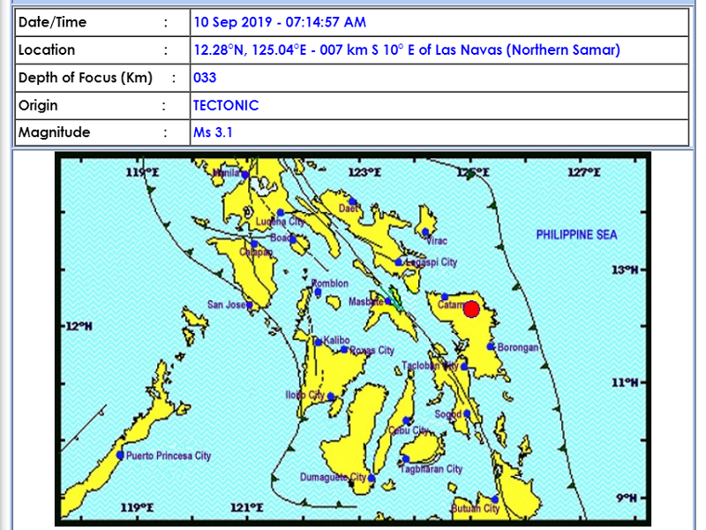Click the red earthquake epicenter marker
pos(471,309)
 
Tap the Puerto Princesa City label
pos(169,456)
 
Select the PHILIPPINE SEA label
pos(576,235)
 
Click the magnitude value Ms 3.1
pos(213,132)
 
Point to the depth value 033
pos(205,78)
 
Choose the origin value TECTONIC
pos(226,105)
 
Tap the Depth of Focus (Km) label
pos(86,78)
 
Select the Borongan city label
pos(518,348)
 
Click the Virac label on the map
pos(437,240)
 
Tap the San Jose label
pos(227,305)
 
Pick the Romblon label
pos(329,284)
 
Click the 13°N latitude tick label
pos(624,269)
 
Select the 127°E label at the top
pos(583,172)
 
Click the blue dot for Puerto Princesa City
pos(120,455)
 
